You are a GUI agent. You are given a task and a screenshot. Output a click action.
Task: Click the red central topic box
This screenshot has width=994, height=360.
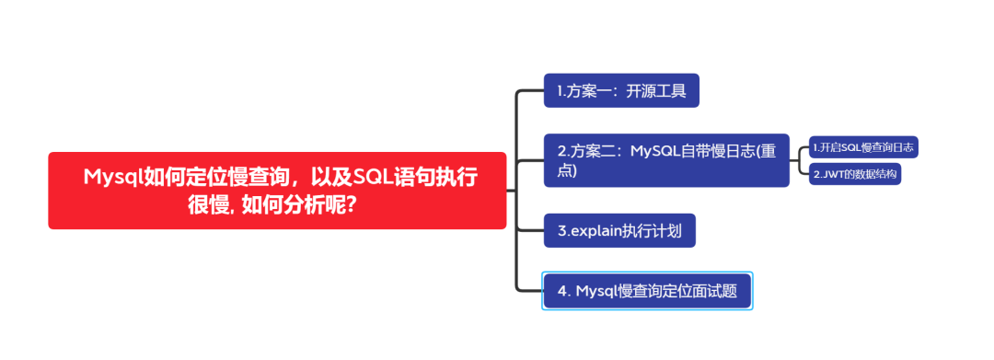point(276,190)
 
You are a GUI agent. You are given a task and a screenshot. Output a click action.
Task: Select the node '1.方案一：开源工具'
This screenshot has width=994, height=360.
point(621,91)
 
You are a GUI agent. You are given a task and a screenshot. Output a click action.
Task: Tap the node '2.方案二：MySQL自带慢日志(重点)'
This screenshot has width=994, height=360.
point(666,160)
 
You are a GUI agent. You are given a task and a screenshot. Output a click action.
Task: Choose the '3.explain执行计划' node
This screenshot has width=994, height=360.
point(619,230)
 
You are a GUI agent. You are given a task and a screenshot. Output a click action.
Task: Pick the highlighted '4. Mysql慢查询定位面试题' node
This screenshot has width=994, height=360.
point(647,291)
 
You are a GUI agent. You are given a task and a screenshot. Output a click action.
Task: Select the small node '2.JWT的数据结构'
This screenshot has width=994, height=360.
point(855,174)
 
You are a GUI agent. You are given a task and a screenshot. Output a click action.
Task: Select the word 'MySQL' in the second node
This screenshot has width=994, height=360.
point(657,151)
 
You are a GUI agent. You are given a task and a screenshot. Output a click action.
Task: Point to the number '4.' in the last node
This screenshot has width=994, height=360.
point(564,291)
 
